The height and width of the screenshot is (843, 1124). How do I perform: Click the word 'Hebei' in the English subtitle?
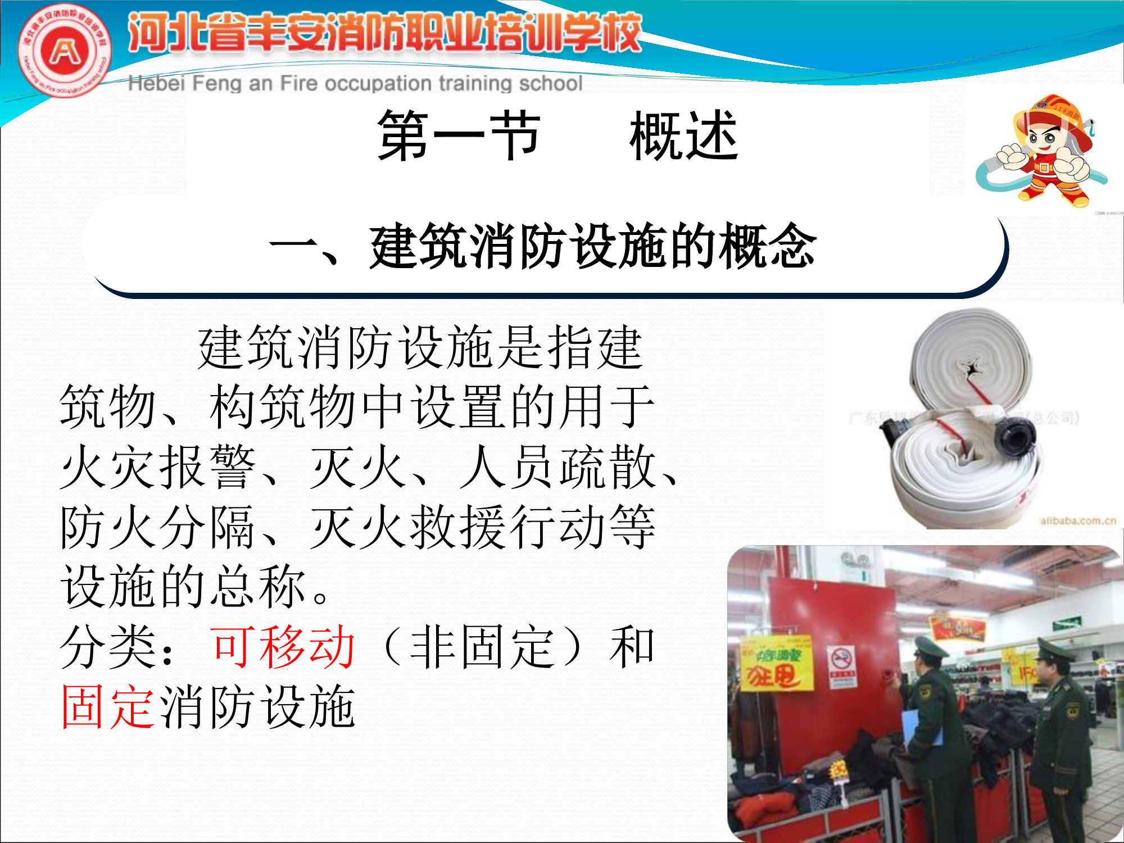coord(156,83)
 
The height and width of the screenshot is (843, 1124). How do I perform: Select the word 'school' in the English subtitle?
coord(550,83)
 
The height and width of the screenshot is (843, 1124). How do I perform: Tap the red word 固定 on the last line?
coord(108,707)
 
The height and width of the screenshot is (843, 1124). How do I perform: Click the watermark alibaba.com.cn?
coord(1078,520)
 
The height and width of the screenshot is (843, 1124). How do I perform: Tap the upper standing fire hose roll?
coord(971,360)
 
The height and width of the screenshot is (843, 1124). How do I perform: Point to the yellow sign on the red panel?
coord(777,664)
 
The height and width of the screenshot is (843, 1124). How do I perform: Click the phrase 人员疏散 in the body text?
coord(556,468)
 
